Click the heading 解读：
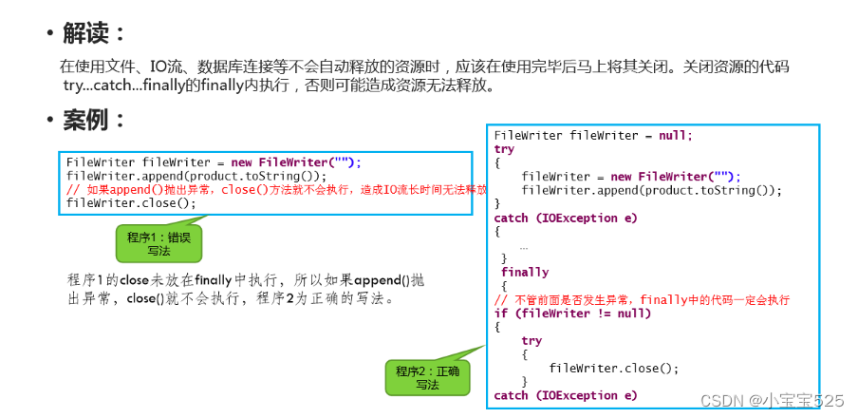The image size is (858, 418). pos(93,33)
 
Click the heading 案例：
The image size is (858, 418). pos(93,121)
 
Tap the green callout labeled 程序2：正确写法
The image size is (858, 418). pos(426,377)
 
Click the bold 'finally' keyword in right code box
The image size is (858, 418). pos(525,272)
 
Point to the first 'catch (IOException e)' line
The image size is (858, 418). pos(566,218)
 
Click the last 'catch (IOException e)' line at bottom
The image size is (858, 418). pos(566,395)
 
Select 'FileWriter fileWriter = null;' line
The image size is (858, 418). pos(593,135)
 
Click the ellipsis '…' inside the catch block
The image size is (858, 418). pos(524,245)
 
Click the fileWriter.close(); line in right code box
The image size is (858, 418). pos(614,368)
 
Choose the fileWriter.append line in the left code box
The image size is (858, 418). pos(196,176)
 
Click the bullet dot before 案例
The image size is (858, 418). pos(48,122)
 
